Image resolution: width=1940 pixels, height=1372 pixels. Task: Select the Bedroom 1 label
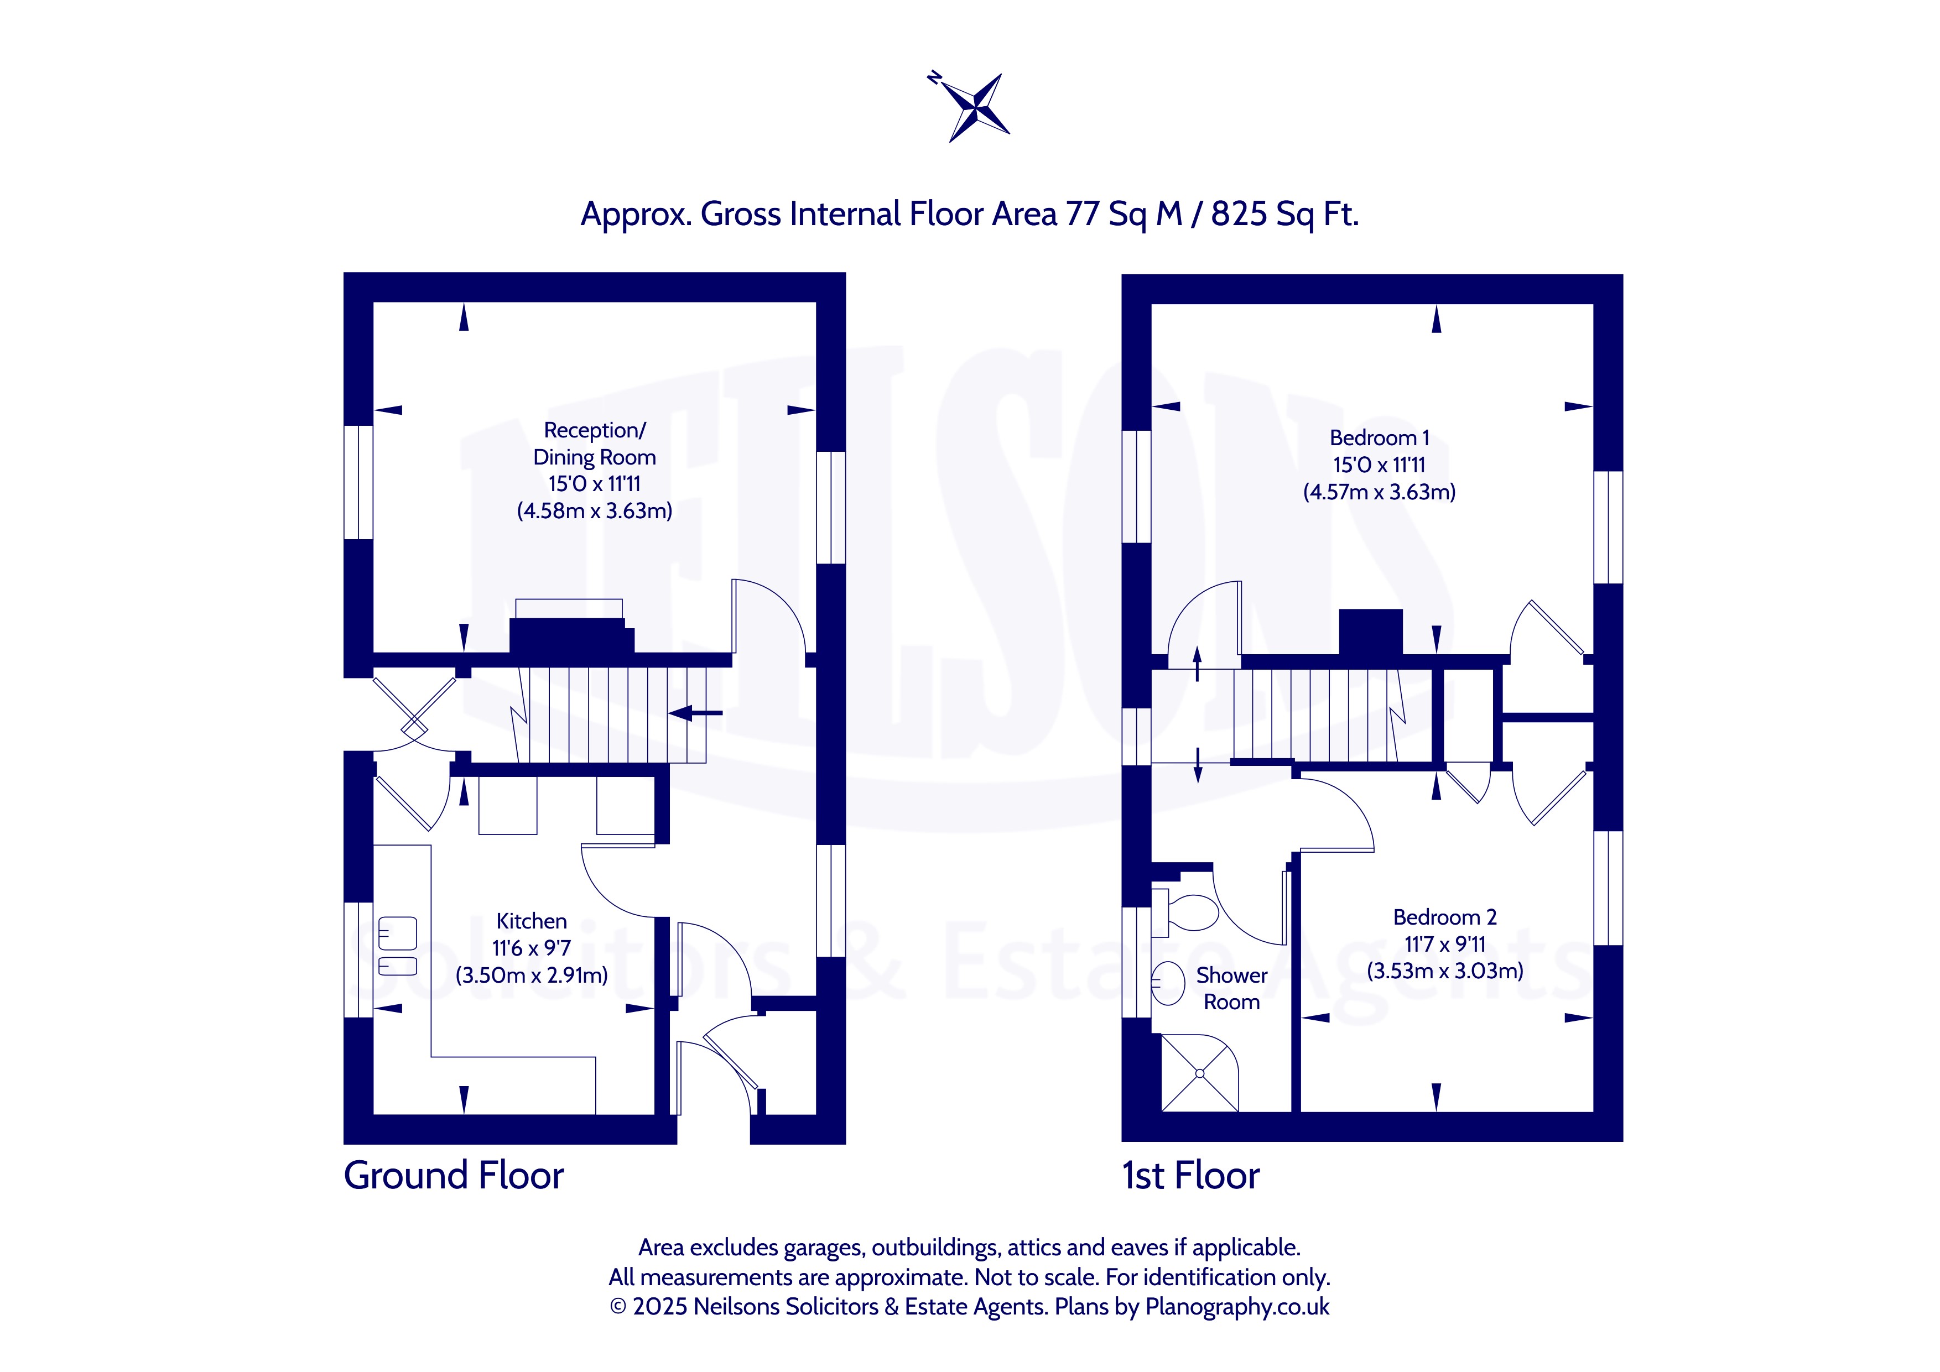(1379, 437)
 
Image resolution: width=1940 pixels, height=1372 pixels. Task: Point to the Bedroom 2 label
(1445, 917)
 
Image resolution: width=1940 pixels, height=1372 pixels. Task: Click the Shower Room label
(1231, 988)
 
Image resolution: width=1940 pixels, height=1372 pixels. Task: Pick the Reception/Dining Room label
(594, 444)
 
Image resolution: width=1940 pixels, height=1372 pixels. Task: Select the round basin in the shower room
(1168, 983)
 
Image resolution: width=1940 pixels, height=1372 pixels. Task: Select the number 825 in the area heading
(1239, 214)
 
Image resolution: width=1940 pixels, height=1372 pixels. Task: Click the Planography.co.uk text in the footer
(1237, 1307)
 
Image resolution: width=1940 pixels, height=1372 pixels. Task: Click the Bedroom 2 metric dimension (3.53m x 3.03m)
(1445, 971)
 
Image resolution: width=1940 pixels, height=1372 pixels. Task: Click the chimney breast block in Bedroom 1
(1371, 632)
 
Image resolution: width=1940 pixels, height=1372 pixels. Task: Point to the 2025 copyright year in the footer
(660, 1307)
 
